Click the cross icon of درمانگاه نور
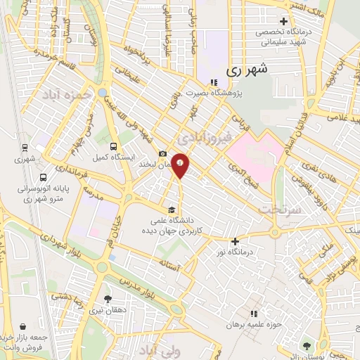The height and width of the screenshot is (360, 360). (x=236, y=241)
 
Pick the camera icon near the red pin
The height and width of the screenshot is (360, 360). (x=163, y=154)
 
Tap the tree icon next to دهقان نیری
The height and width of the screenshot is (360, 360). (x=107, y=299)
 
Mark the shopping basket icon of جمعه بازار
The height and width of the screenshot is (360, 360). (x=25, y=326)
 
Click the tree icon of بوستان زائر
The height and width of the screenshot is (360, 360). (x=307, y=345)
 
